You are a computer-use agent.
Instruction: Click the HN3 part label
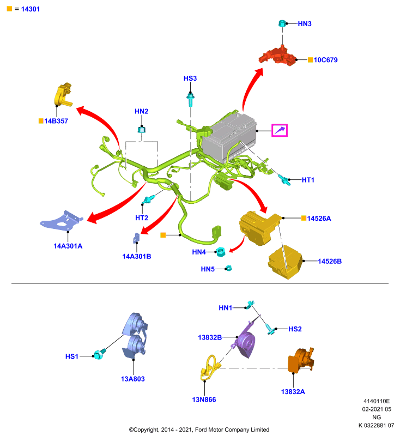305,24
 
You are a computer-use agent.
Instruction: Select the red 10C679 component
277,56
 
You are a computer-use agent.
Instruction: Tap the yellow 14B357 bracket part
63,94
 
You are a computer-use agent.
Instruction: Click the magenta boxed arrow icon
280,130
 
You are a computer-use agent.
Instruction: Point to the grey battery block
229,138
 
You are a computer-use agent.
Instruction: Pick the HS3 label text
190,78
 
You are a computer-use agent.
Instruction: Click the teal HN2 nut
142,129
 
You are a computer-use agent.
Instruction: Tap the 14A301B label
137,256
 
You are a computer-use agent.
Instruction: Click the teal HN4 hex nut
220,251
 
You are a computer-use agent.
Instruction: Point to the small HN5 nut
228,268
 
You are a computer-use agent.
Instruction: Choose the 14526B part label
330,262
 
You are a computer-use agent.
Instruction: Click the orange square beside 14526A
304,219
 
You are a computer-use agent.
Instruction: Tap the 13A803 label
133,379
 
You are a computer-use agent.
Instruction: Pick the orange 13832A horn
301,360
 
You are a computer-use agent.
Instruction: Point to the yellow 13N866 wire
210,367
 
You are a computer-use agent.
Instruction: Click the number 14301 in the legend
31,9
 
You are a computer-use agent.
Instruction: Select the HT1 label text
308,180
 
